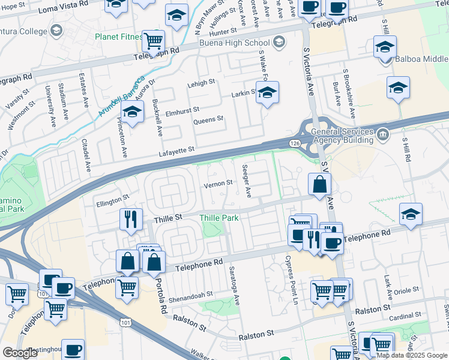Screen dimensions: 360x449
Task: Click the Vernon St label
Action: click(218, 184)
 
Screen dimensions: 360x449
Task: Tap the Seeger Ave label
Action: click(247, 181)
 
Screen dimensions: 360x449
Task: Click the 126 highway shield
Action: click(294, 143)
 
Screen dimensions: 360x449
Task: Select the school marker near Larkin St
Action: click(268, 92)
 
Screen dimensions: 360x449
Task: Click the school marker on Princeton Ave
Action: click(133, 111)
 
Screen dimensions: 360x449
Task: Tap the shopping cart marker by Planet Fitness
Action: click(154, 41)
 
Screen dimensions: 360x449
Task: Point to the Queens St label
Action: click(208, 120)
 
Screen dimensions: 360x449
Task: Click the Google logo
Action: click(20, 353)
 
